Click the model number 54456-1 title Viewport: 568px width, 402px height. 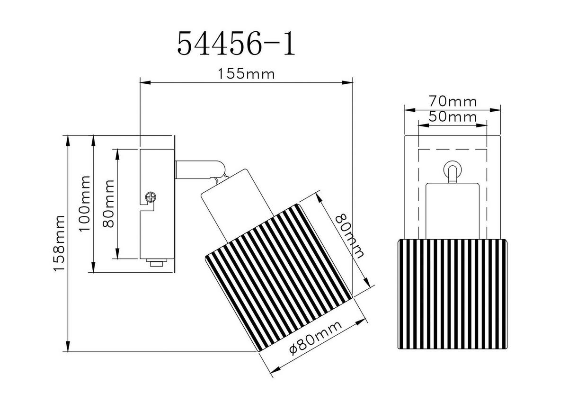(236, 45)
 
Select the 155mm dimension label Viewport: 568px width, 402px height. (246, 74)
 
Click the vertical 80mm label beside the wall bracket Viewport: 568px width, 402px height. (108, 204)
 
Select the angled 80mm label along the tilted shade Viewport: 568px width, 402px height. (350, 235)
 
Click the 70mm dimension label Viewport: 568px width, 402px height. (452, 101)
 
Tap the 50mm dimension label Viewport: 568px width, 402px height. (452, 116)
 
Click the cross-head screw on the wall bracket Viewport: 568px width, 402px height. (151, 197)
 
